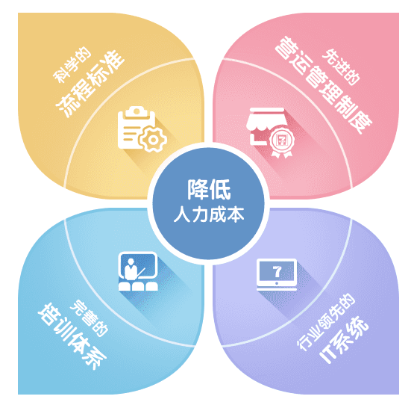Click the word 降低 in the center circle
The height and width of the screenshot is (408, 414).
(209, 190)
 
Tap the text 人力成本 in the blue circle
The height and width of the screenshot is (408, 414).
(209, 214)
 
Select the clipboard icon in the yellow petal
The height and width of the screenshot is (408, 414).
(136, 128)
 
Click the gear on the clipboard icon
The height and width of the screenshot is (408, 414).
(153, 140)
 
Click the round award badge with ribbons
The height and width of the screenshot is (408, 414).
(282, 142)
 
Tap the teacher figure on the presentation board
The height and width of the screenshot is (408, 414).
(131, 269)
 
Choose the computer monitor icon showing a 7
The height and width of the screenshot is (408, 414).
(277, 274)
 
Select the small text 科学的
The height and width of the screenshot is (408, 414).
(72, 65)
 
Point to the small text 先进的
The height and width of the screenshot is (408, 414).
(341, 67)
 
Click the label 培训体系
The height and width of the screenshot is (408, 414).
(72, 336)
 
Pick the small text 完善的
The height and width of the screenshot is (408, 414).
(90, 318)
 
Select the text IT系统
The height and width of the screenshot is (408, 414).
(344, 339)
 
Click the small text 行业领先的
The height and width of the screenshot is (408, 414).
(326, 322)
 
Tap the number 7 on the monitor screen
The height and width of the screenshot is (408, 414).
(277, 271)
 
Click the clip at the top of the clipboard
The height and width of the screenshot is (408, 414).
(137, 112)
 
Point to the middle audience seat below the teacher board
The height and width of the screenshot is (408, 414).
(138, 286)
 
